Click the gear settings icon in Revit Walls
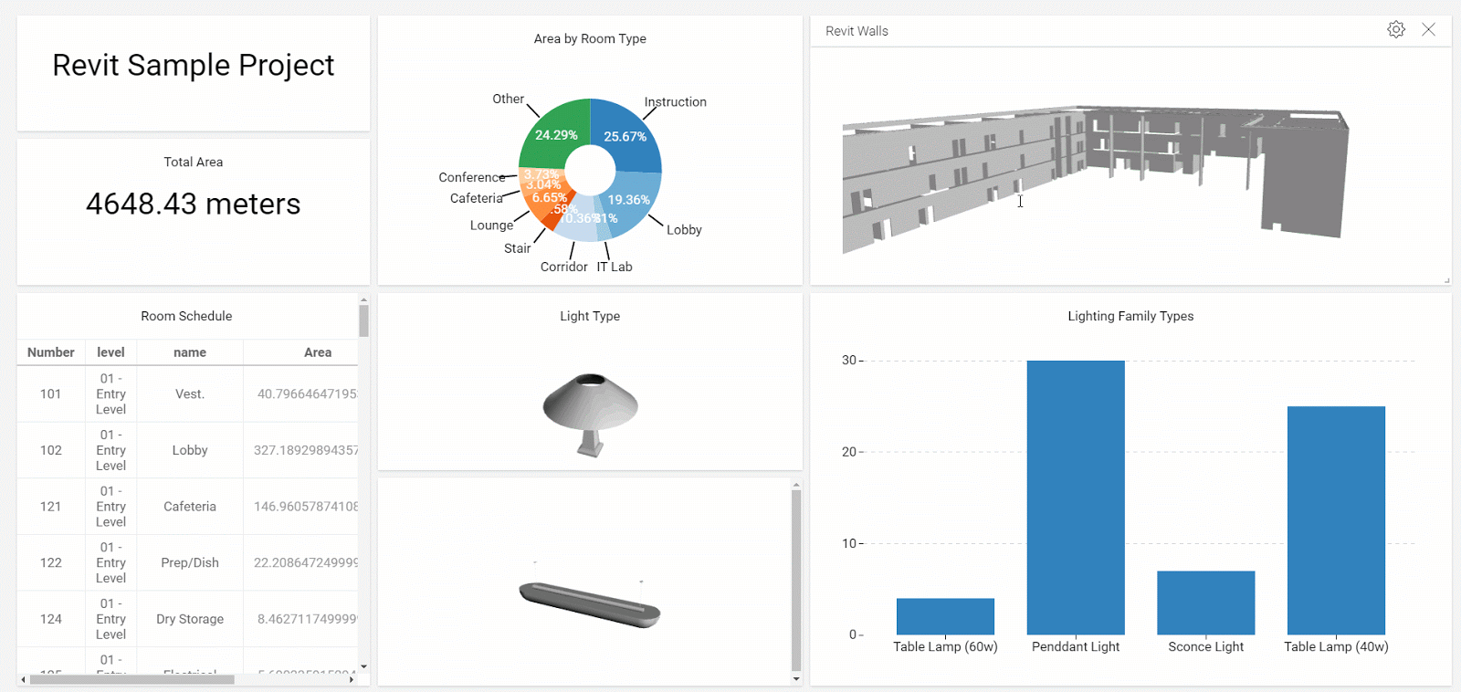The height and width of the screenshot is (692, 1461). (x=1395, y=29)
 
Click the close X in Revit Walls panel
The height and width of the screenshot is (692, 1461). (x=1428, y=29)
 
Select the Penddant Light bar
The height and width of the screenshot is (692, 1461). (x=1075, y=498)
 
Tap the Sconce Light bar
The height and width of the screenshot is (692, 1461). (x=1205, y=603)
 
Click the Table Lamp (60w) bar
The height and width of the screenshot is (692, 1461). (x=945, y=616)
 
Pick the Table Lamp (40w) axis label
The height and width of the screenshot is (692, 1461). (x=1335, y=646)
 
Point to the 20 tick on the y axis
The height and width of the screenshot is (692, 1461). (x=848, y=452)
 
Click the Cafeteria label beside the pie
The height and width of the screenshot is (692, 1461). (x=476, y=198)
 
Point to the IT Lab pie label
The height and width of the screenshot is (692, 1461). (x=615, y=267)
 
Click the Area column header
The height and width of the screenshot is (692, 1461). (x=317, y=352)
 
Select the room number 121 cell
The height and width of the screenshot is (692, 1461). (x=50, y=507)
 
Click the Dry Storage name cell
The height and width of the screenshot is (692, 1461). (x=190, y=619)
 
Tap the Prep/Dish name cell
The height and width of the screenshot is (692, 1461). (x=190, y=562)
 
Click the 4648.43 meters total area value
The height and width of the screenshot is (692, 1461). (x=193, y=204)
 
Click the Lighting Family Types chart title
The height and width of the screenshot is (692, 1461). (x=1130, y=316)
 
